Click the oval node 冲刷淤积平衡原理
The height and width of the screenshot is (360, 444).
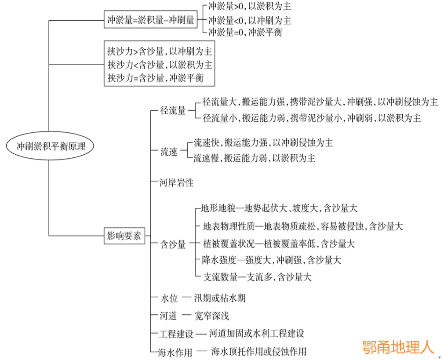tap(51, 146)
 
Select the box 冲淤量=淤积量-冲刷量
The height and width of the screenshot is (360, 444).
tap(151, 20)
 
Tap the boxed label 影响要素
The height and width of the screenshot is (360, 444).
tap(124, 236)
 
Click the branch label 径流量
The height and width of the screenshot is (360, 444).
tap(173, 110)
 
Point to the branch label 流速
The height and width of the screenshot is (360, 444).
tap(168, 152)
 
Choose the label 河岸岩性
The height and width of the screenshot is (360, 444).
tap(176, 182)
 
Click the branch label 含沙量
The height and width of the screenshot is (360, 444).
tap(173, 244)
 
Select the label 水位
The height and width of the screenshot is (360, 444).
tap(168, 298)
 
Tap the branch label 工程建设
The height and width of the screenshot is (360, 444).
tap(176, 334)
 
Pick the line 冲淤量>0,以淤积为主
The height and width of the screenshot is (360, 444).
tap(249, 7)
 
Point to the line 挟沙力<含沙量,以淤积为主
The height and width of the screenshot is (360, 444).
tap(160, 65)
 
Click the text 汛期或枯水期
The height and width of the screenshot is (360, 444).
tap(220, 298)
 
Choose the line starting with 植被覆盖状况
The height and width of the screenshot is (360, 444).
tap(279, 243)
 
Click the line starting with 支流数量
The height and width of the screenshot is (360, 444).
tap(257, 277)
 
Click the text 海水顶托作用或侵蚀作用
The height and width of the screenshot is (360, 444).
tap(258, 351)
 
